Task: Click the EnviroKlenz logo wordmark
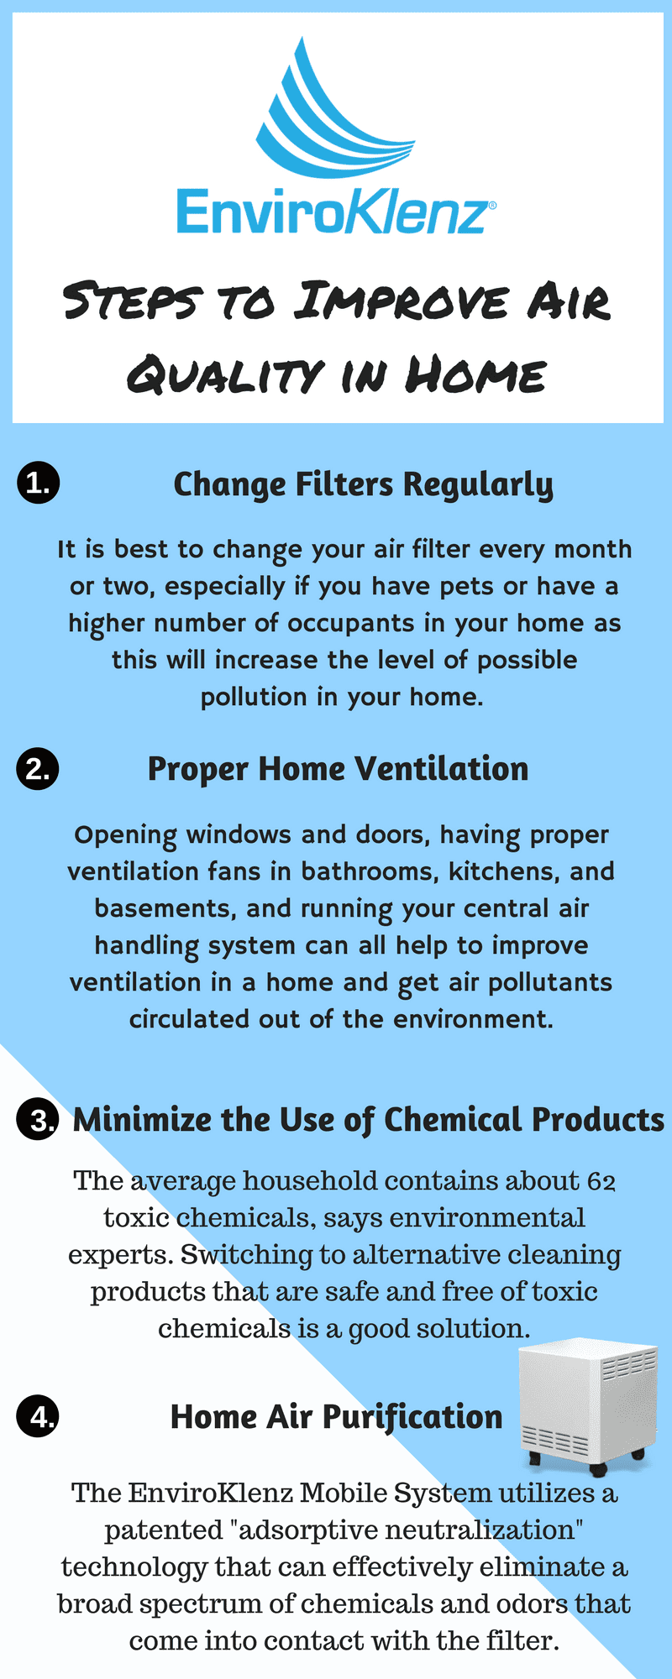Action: (x=333, y=211)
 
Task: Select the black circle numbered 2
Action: (x=38, y=769)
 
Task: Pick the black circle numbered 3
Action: (x=38, y=1121)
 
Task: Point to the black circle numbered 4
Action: (x=38, y=1417)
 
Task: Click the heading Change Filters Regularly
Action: (x=363, y=485)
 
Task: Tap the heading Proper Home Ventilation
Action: (x=338, y=769)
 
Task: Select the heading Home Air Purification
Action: (x=336, y=1417)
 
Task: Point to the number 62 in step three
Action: (x=601, y=1181)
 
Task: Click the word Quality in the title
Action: (x=224, y=374)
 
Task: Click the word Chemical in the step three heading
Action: (x=453, y=1121)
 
